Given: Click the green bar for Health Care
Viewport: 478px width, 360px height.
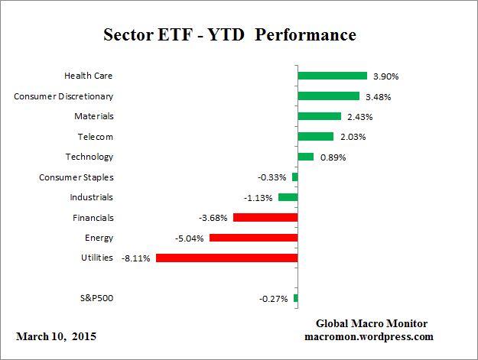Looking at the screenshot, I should (x=332, y=76).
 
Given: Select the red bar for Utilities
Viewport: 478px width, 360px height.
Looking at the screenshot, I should (x=226, y=258).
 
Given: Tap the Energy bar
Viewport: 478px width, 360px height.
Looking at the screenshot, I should (x=253, y=238).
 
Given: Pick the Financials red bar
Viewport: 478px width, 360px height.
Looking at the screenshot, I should (x=265, y=218).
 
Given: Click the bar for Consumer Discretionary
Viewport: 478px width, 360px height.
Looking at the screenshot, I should (x=328, y=96).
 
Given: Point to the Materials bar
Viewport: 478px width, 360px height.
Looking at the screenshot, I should (x=319, y=116).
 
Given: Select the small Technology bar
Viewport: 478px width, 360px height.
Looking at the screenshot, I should (x=305, y=157).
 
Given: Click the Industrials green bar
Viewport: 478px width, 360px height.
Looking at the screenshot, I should (x=288, y=197).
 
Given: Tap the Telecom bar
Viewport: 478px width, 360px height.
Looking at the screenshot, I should (x=315, y=137).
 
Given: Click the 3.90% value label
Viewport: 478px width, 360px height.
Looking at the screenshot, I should (x=385, y=76).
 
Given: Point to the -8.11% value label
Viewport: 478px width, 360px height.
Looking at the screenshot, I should (x=135, y=258).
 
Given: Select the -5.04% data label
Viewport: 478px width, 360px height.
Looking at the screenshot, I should (x=189, y=238).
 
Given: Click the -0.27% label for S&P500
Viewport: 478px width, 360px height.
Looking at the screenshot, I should (x=274, y=299).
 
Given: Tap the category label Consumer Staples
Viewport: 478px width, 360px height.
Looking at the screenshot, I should (x=76, y=177).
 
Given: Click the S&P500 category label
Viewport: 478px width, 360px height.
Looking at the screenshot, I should (x=96, y=298).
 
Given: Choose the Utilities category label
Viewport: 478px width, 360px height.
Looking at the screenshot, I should (x=96, y=258).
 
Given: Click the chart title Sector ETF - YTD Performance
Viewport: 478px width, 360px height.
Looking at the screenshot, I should (x=229, y=35).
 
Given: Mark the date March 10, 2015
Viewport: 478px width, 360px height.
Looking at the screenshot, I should (x=56, y=336).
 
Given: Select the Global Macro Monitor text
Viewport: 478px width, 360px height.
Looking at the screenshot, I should (x=372, y=323).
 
